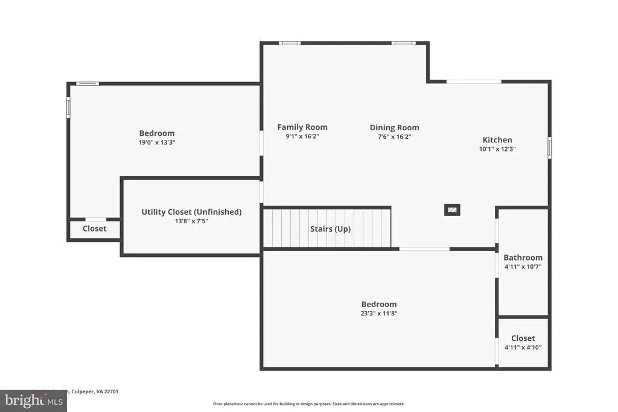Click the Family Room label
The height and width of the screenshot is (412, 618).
click(302, 127)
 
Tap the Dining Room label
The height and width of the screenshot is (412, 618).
click(394, 128)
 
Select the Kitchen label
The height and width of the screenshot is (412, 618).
click(497, 140)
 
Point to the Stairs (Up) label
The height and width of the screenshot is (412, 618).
click(330, 229)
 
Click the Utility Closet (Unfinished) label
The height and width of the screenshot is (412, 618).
click(191, 212)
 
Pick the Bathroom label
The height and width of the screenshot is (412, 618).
click(523, 258)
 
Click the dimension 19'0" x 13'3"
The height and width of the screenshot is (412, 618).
click(157, 143)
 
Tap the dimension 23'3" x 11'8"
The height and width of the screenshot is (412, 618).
click(379, 314)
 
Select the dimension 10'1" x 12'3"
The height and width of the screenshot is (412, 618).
click(497, 149)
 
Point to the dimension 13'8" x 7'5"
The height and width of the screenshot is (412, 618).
click(191, 221)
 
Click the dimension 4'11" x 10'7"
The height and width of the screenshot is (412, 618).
click(523, 267)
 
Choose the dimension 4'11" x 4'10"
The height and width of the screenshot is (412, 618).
click(523, 347)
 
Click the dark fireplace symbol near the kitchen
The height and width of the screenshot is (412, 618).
click(452, 210)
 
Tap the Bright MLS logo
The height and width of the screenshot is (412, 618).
click(33, 401)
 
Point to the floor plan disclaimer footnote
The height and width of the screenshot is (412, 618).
click(308, 404)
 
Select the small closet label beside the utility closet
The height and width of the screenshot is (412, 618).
click(94, 229)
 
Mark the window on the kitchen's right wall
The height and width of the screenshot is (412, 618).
click(549, 148)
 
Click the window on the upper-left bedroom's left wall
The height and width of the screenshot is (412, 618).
click(68, 107)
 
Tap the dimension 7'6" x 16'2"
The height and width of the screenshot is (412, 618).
click(394, 137)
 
